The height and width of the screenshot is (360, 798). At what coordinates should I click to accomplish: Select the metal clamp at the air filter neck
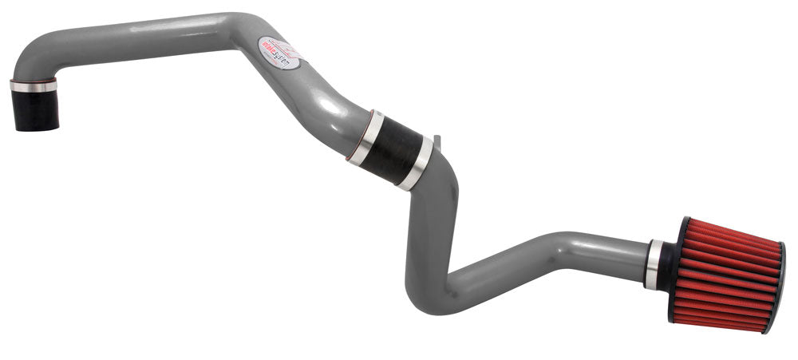pyautogui.click(x=654, y=263)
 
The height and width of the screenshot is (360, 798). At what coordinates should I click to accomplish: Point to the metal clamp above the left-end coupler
pyautogui.click(x=34, y=85)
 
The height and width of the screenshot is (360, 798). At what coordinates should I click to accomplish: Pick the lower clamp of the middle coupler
pyautogui.click(x=417, y=164)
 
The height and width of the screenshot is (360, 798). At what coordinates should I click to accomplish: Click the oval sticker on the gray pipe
pyautogui.click(x=282, y=51)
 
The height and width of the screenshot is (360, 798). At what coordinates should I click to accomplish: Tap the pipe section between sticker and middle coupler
pyautogui.click(x=327, y=104)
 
